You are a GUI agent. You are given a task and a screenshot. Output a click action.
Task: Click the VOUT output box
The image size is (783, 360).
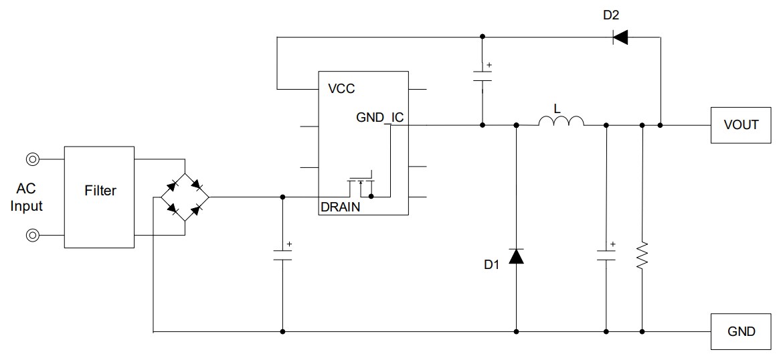pos(741,124)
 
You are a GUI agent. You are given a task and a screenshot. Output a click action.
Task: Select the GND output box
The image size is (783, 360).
pos(741,331)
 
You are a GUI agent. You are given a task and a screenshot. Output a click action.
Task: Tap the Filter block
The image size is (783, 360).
pos(100,191)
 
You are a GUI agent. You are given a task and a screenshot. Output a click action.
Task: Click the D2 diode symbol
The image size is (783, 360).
pos(620,37)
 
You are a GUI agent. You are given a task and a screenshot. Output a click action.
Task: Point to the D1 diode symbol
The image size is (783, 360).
pos(516,256)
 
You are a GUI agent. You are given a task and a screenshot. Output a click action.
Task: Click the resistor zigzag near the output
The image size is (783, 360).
pos(642,255)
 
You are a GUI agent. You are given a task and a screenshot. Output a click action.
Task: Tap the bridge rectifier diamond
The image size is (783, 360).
pos(185,197)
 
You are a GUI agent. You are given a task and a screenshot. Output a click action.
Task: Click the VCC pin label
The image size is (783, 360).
pos(341,88)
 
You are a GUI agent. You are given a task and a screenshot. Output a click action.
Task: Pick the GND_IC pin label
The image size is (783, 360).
pos(379,118)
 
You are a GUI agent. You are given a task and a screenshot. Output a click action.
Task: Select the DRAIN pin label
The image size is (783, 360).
pos(340,207)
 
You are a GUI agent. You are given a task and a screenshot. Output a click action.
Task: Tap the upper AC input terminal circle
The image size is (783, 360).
pos(32,159)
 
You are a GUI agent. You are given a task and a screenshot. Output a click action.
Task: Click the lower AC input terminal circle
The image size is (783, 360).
pos(32,236)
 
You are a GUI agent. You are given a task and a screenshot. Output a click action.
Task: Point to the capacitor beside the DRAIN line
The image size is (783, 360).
pos(282,255)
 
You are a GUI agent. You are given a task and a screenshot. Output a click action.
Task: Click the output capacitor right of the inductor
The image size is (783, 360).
pos(606,255)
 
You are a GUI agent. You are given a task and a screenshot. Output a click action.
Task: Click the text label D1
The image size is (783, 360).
pos(492,265)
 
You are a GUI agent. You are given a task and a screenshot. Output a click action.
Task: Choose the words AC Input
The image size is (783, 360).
pos(27,198)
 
